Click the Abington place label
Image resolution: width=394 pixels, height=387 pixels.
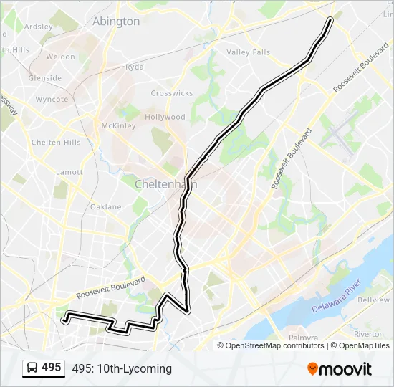pos(116,21)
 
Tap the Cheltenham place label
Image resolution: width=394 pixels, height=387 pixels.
pos(165,184)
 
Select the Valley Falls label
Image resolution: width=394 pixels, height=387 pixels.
pos(249,52)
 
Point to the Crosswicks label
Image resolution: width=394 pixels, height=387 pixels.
pos(172,94)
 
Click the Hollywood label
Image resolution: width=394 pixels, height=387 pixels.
pos(165,117)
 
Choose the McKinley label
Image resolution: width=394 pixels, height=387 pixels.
pos(118,126)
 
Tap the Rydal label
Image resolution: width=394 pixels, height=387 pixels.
pos(135,67)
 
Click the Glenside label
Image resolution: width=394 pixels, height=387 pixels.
pos(45,78)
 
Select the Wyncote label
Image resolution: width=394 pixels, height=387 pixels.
pos(52,99)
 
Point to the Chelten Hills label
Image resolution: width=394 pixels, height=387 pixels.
pos(56,143)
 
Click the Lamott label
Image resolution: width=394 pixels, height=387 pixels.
pos(69,172)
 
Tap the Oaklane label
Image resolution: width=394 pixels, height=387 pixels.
pos(106,206)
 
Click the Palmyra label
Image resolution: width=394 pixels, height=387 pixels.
pos(303,337)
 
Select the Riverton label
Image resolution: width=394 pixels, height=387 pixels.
pos(368,334)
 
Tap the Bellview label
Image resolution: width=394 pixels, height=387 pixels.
pos(373,300)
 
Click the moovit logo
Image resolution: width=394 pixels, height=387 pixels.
pos(340,369)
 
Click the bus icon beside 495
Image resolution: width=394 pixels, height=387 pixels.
pos(32,368)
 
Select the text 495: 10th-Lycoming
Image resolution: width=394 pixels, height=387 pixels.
pos(122,369)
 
